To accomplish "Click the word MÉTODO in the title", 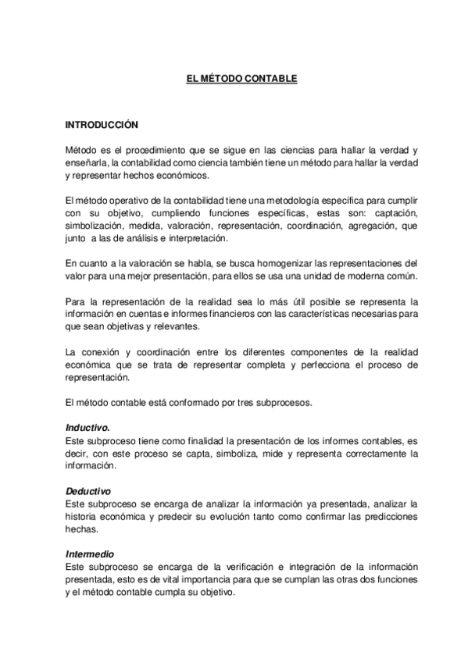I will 217,79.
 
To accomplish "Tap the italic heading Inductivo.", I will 88,427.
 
